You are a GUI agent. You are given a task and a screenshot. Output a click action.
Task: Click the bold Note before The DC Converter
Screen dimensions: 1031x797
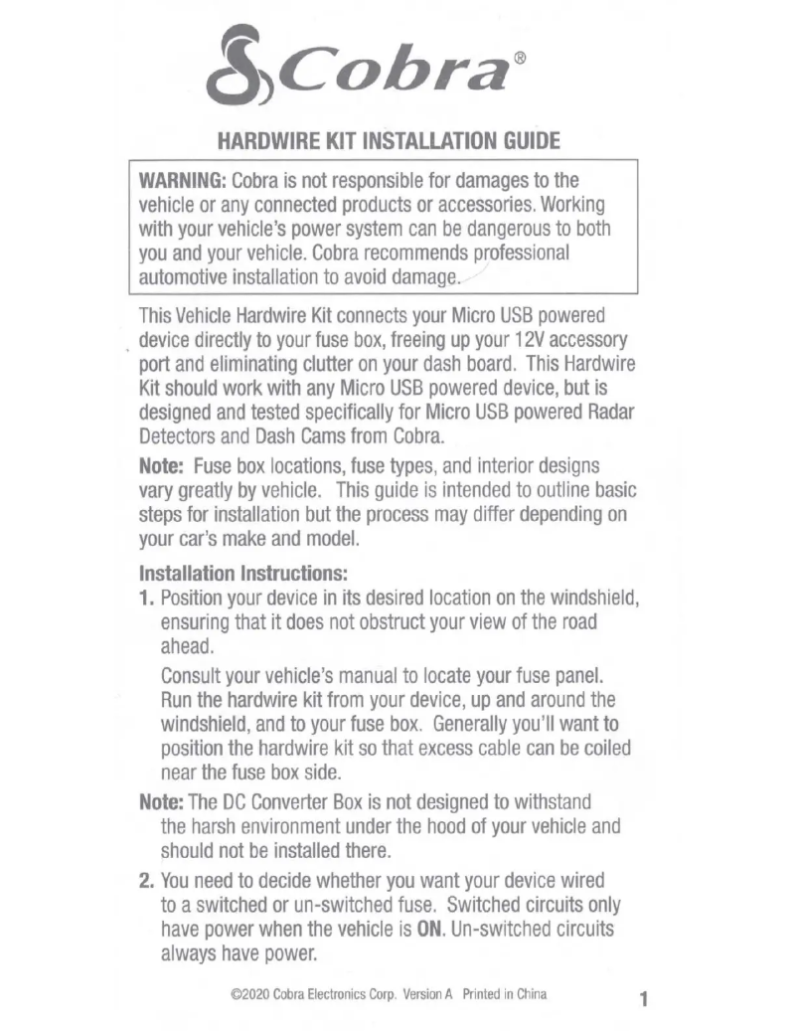tap(160, 802)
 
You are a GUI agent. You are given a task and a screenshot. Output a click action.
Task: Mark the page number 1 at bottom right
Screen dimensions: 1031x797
tap(644, 1000)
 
